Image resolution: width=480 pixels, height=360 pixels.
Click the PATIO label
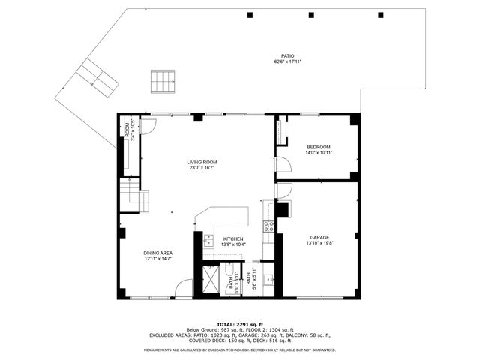[287, 55]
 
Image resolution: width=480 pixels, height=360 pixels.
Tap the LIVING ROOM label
[202, 162]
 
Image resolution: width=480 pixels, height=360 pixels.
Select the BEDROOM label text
[319, 146]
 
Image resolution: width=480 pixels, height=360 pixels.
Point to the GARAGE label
[320, 238]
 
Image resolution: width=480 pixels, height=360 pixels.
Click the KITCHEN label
[233, 239]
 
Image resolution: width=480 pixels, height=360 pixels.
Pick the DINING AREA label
[158, 253]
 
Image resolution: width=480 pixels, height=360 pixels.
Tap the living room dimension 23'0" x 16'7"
[202, 168]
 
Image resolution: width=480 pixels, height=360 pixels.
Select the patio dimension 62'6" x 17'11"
[287, 61]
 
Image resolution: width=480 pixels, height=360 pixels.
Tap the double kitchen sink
[208, 241]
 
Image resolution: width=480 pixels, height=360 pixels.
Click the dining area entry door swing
[182, 291]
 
